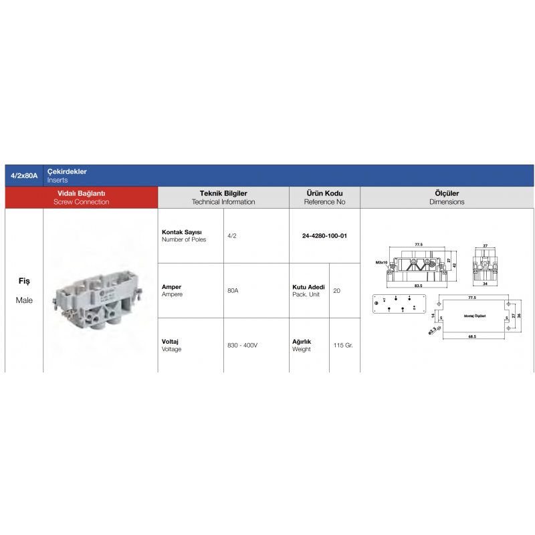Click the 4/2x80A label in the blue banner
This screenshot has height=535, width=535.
coord(25,176)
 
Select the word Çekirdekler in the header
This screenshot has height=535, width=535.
coord(67,172)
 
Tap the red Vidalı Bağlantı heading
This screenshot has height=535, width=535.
coord(81,193)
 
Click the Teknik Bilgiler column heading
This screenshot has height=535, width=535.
coord(223,193)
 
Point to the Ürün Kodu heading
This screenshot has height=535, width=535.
coord(324,193)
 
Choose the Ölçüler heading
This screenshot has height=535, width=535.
coord(447,193)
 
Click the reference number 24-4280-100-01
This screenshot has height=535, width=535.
coord(324,235)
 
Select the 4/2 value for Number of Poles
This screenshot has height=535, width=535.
coord(232,235)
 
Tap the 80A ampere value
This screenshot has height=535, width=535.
coord(233,290)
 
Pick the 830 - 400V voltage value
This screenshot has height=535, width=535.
coord(242,345)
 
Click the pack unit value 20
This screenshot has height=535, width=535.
coord(336,290)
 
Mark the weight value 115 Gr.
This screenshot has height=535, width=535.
coord(342,345)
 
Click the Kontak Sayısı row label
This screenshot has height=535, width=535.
coord(182,232)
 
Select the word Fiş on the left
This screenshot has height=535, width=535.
coord(24,282)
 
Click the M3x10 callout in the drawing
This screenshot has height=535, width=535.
coord(381,263)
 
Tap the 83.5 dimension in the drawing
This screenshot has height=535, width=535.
coord(418,285)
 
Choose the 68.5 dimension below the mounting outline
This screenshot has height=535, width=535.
coord(471,336)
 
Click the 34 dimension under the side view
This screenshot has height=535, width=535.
coord(486,283)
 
